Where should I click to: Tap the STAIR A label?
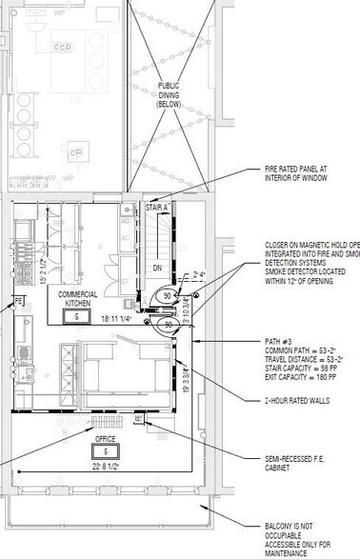pos(158,206)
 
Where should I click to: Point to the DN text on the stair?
pos(158,270)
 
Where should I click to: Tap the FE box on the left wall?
pos(17,302)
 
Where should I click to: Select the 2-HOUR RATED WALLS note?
pos(297,401)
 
